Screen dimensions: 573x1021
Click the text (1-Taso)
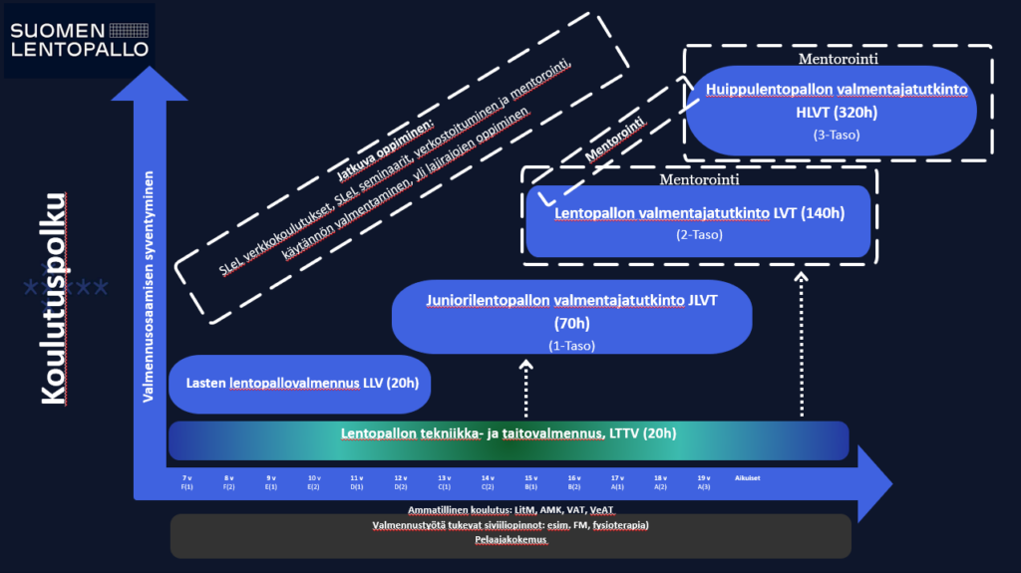[x=571, y=346]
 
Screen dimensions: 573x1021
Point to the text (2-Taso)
[x=699, y=235]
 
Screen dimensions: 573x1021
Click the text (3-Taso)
[x=837, y=135]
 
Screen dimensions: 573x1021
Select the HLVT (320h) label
[x=837, y=112]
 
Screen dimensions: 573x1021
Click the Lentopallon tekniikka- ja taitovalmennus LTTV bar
[x=509, y=433]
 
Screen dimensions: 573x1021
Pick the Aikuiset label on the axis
[x=748, y=478]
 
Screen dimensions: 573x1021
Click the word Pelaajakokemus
[x=510, y=540]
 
